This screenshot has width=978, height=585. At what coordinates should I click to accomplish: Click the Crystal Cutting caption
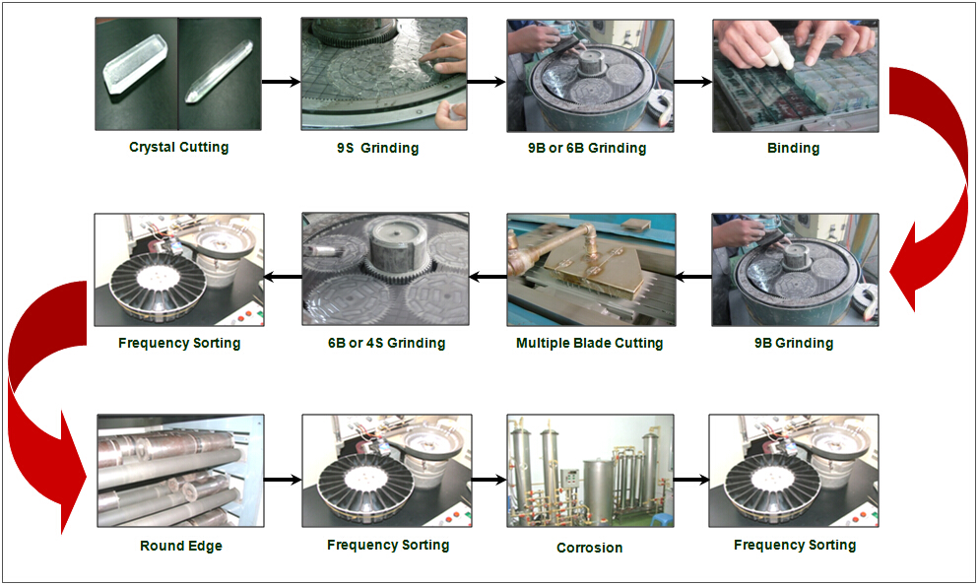[x=179, y=147]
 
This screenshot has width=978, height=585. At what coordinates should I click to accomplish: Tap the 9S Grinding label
[x=377, y=148]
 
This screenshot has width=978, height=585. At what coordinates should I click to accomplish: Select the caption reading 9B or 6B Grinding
[x=587, y=148]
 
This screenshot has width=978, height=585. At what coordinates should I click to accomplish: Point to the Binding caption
[x=794, y=148]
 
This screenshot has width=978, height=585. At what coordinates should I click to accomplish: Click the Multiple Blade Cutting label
[x=589, y=343]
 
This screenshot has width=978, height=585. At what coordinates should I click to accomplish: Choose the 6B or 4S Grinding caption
[x=387, y=343]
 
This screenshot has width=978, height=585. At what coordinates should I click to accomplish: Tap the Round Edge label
[x=181, y=546]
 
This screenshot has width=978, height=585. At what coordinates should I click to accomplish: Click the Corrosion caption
[x=589, y=548]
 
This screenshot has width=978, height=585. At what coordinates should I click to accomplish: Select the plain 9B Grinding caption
[x=794, y=343]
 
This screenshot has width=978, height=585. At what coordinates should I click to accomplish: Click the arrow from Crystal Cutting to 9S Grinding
[x=282, y=81]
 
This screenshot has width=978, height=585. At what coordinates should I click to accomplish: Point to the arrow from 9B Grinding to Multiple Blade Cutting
[x=693, y=277]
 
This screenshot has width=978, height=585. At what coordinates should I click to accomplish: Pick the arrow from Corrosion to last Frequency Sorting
[x=691, y=480]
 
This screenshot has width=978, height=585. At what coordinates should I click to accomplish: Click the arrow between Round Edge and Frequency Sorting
[x=284, y=480]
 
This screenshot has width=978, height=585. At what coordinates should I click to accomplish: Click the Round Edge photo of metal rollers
[x=181, y=471]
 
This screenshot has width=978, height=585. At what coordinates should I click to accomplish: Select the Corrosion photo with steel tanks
[x=590, y=471]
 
